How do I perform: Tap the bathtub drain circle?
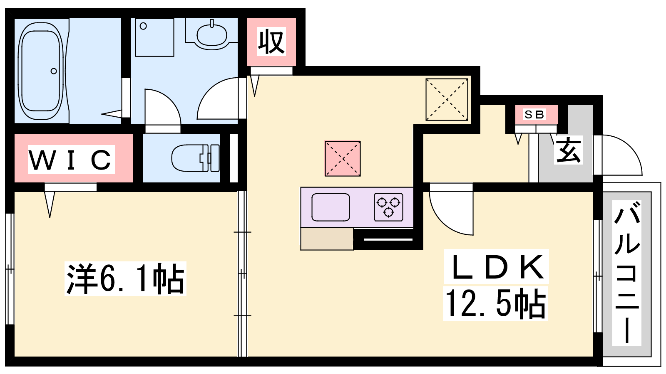pyautogui.click(x=54, y=71)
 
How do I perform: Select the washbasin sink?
pyautogui.click(x=212, y=34)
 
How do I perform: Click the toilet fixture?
pyautogui.click(x=196, y=158)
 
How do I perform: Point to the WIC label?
pyautogui.click(x=71, y=160)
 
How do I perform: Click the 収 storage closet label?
pyautogui.click(x=271, y=42)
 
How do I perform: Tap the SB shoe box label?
pyautogui.click(x=534, y=115)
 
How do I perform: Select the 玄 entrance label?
pyautogui.click(x=569, y=150)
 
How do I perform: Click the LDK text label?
pyautogui.click(x=496, y=266)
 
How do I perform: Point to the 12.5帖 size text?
pyautogui.click(x=496, y=304)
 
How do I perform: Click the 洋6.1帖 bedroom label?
pyautogui.click(x=125, y=279)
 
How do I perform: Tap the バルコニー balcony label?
pyautogui.click(x=626, y=273)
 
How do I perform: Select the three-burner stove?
pyautogui.click(x=389, y=207)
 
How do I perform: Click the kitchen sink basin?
pyautogui.click(x=331, y=207)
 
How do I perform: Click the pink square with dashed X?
pyautogui.click(x=343, y=159)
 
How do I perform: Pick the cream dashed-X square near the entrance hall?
pyautogui.click(x=447, y=99)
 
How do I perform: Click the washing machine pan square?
pyautogui.click(x=154, y=37)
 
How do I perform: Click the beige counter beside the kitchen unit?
pyautogui.click(x=327, y=239)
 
